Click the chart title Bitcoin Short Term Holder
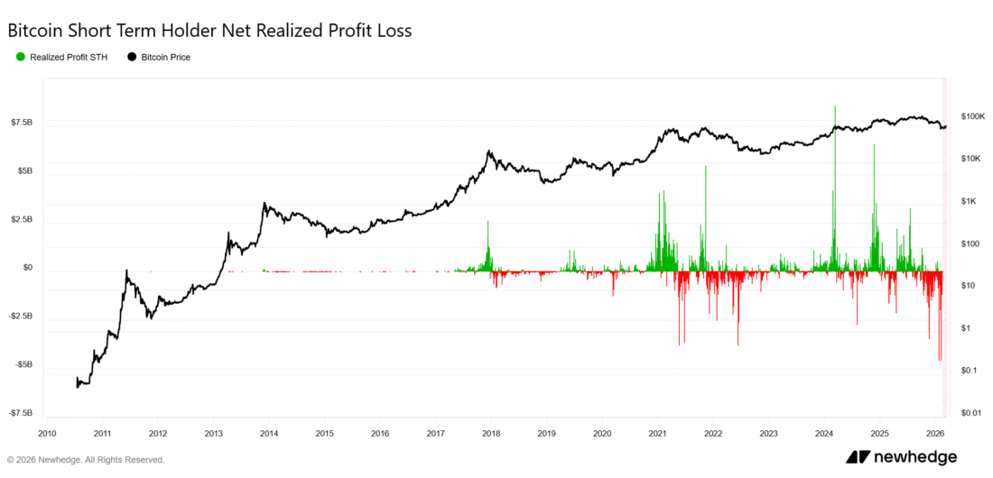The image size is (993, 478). [209, 31]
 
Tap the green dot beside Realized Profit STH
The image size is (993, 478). [21, 57]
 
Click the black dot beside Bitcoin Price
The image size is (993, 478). [132, 57]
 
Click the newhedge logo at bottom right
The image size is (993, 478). [901, 457]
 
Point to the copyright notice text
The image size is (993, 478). [87, 459]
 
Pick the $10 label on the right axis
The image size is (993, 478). [968, 286]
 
